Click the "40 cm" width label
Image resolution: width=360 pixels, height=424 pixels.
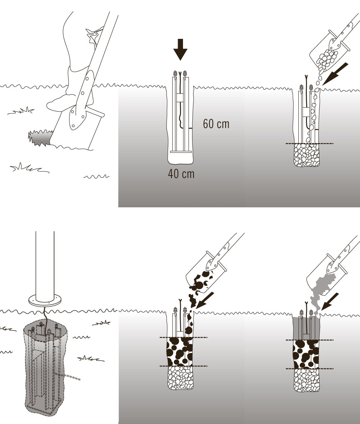click(181, 174)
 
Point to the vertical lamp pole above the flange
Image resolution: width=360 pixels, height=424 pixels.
click(45, 261)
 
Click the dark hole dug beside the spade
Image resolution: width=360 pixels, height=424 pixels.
click(39, 137)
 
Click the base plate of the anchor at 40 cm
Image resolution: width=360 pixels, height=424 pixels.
click(181, 152)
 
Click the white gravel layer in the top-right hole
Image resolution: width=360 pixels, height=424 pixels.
click(308, 155)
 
